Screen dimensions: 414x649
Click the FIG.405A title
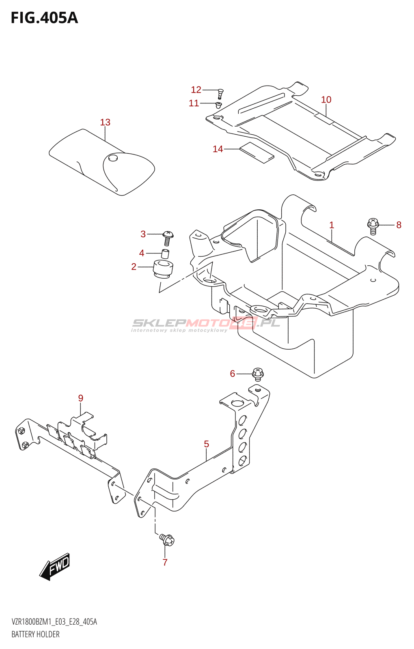[44, 18]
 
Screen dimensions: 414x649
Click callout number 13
[105, 122]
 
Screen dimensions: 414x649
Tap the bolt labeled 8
[373, 226]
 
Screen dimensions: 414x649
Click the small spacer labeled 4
[166, 254]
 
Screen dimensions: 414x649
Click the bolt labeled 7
[167, 539]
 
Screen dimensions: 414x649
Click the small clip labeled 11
[219, 105]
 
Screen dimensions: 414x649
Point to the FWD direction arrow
[55, 566]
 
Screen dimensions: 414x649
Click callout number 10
[326, 99]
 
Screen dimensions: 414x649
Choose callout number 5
[206, 444]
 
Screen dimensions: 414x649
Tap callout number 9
[80, 398]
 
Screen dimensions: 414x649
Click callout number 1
[332, 225]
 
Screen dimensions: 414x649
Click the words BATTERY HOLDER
[35, 634]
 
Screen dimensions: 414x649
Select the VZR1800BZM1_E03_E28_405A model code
[54, 622]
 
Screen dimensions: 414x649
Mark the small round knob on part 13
[113, 157]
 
